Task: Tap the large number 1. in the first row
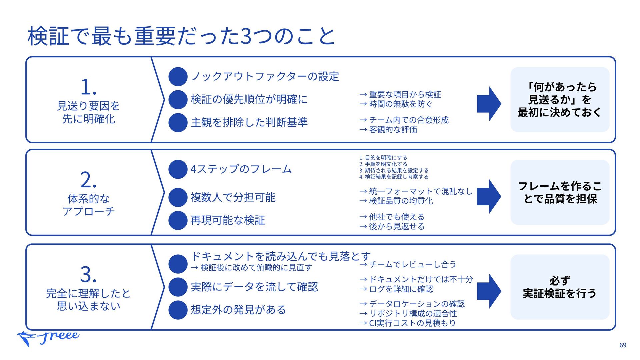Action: (89, 87)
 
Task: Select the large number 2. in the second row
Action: (88, 180)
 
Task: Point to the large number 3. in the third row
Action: (88, 274)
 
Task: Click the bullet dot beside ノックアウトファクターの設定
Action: (178, 76)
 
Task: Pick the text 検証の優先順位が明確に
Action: (249, 99)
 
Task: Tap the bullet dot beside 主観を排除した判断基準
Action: (178, 122)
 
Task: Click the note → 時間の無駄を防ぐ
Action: (396, 104)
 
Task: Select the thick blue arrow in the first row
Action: (489, 104)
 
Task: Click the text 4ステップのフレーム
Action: (241, 169)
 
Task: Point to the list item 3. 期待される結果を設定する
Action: (394, 170)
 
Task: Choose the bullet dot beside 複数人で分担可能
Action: (178, 197)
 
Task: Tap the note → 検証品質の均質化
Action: (396, 201)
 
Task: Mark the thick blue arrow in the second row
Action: (489, 196)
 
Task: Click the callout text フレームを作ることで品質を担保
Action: (560, 192)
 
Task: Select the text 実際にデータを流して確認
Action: (254, 287)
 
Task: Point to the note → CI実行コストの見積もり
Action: (407, 323)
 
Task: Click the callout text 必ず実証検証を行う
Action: (560, 287)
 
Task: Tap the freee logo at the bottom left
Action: (48, 338)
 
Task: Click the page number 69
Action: (623, 345)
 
